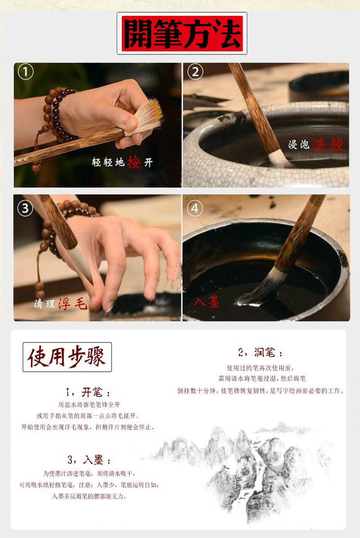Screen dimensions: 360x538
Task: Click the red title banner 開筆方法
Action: [x=182, y=33]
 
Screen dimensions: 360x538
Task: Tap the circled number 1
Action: [x=26, y=72]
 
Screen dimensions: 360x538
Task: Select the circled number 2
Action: [x=195, y=72]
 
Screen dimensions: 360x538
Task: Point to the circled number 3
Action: [x=25, y=209]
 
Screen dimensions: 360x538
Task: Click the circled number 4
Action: [x=194, y=208]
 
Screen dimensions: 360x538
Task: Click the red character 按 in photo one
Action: [x=134, y=162]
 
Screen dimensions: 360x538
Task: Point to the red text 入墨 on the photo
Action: [x=207, y=301]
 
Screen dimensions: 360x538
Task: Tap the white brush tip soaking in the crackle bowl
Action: [x=280, y=158]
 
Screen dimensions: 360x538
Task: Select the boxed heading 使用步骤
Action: [x=67, y=357]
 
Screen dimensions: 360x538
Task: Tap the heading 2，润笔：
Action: [x=261, y=352]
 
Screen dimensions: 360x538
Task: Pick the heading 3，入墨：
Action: [x=89, y=459]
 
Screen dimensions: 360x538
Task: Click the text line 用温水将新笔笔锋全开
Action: [x=89, y=405]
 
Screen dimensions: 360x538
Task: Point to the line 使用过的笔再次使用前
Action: [x=261, y=368]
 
